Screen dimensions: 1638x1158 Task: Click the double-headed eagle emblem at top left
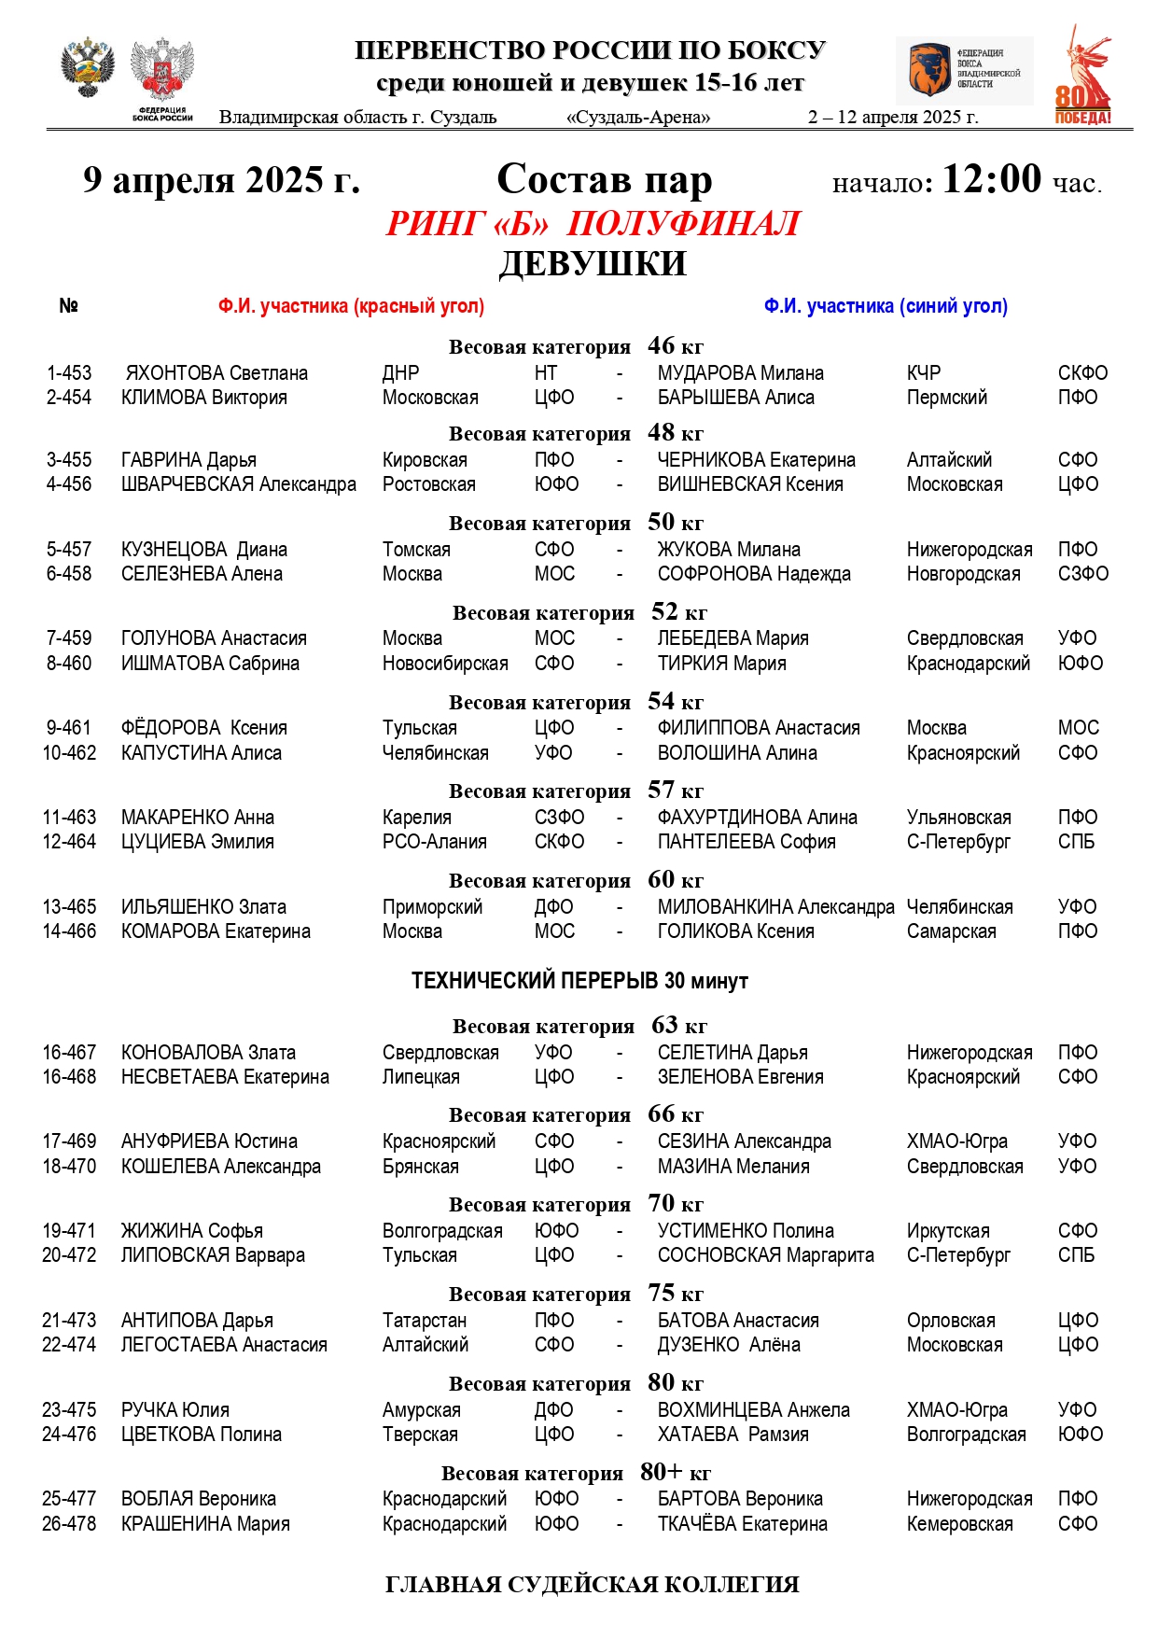click(87, 68)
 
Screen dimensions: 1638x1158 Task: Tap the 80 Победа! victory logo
click(1083, 77)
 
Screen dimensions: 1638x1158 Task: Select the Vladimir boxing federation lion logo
click(929, 70)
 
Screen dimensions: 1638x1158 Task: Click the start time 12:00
click(991, 179)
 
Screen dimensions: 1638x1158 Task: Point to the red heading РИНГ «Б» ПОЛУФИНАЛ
click(593, 224)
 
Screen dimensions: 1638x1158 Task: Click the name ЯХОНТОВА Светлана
click(216, 373)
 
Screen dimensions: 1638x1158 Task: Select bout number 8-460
click(69, 664)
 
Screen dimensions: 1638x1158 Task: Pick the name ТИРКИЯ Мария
click(721, 664)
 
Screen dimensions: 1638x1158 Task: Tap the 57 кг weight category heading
click(576, 791)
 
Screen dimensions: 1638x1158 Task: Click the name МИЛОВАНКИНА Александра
click(775, 907)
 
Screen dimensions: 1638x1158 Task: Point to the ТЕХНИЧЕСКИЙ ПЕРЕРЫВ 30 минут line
click(579, 981)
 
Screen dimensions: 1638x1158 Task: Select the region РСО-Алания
click(434, 842)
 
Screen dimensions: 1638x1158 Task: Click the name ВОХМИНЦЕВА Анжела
click(753, 1410)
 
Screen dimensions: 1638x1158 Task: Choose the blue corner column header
click(886, 306)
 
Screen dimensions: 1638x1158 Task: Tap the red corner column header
click(351, 306)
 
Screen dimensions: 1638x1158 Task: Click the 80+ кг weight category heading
click(576, 1473)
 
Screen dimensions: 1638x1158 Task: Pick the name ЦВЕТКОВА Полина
click(201, 1435)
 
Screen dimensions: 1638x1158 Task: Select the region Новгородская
click(963, 574)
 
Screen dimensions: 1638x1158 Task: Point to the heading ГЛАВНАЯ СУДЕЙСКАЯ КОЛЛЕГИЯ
click(592, 1585)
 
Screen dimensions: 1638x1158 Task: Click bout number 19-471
click(69, 1231)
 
